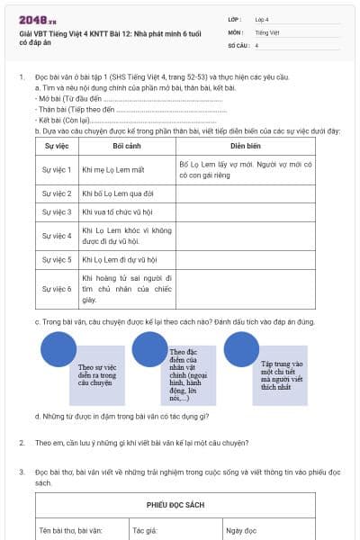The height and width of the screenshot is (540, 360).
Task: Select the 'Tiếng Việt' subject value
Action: pos(266,31)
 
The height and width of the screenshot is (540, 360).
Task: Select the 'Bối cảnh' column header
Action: pos(125,145)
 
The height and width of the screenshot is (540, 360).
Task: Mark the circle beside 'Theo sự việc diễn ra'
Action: pos(59,349)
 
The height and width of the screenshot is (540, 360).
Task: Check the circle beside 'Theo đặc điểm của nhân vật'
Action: pos(149,349)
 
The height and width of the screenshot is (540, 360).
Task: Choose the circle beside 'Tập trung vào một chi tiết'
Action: pos(241,349)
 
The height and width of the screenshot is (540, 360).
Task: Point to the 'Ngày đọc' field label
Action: pos(242,530)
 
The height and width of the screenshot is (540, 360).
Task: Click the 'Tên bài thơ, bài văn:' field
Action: pos(68,530)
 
